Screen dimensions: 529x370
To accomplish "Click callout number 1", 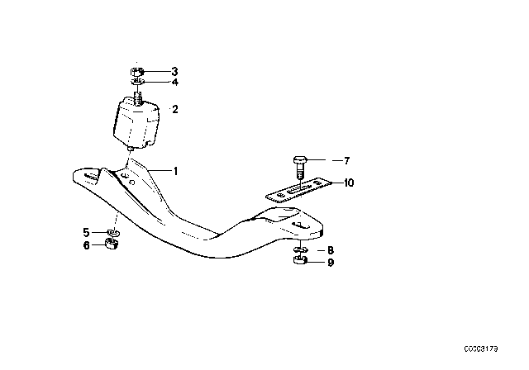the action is [x=175, y=171].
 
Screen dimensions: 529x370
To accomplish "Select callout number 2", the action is [x=174, y=108].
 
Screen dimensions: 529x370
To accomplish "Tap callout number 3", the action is [x=174, y=72].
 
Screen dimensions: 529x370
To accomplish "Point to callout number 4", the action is [x=174, y=82].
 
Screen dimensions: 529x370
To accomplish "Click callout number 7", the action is [x=347, y=160].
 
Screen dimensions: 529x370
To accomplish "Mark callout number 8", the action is [x=331, y=249].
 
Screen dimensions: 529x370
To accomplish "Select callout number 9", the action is [x=331, y=263].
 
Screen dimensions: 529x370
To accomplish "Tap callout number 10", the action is [x=349, y=183].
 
